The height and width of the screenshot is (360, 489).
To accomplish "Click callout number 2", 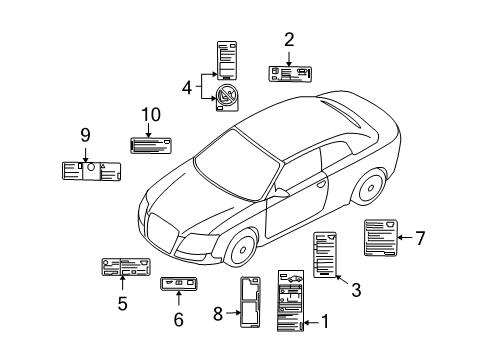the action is tap(289, 40).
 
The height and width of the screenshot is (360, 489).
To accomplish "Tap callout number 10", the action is tap(151, 115).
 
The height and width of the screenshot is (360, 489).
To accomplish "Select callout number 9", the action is tap(85, 135).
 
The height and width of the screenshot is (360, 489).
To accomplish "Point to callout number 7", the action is tap(420, 238).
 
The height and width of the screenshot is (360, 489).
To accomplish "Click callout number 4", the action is tap(187, 88).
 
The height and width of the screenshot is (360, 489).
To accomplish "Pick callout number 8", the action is tap(218, 314).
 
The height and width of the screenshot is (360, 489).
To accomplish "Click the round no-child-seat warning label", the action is tap(227, 97).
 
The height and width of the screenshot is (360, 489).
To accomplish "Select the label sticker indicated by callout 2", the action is tap(290, 74).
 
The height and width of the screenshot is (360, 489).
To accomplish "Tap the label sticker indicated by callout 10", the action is tap(151, 145).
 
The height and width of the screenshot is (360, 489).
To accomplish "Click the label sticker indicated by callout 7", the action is tap(381, 238).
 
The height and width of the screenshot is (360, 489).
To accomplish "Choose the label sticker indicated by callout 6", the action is tap(178, 283).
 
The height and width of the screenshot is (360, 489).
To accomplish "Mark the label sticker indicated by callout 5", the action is tap(126, 267).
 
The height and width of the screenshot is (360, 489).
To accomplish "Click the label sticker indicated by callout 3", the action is tap(325, 255).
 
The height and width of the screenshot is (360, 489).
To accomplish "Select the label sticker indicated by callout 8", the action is tap(250, 302).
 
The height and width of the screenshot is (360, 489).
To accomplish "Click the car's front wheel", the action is tap(241, 248).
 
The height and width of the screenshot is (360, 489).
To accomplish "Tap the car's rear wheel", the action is tap(370, 187).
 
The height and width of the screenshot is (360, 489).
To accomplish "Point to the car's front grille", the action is tap(162, 232).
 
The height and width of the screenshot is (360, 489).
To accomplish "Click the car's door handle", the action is tap(321, 184).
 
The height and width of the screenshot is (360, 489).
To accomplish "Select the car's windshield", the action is tap(236, 166).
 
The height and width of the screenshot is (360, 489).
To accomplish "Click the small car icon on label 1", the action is tap(294, 278).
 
